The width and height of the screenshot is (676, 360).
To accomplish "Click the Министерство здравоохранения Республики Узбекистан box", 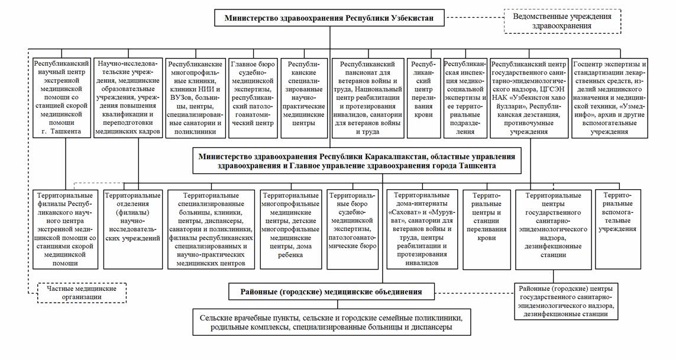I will point(329,18).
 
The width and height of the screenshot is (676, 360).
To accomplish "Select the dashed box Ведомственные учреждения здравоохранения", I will point(561,21).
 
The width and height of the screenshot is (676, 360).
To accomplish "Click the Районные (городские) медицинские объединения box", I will point(331,291).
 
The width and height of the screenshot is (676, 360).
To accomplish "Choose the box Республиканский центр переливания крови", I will point(423,97).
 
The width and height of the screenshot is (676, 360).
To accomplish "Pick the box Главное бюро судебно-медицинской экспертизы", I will point(252,97).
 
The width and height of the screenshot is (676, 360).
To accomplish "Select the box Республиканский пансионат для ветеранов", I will point(368,97).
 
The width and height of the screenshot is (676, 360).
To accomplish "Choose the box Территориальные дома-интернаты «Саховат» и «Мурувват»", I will point(422,228).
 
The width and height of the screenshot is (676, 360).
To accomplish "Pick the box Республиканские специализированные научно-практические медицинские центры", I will point(304,97).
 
